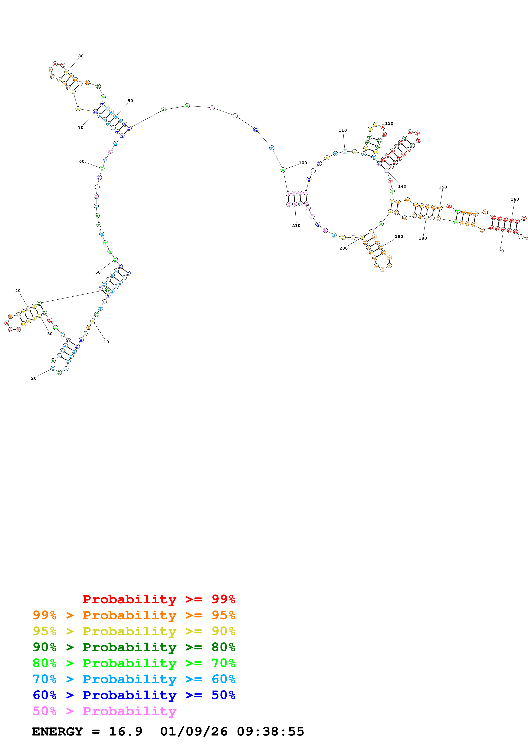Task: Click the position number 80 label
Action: click(x=81, y=56)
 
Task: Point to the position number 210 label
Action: click(x=296, y=226)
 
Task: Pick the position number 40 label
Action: click(x=18, y=290)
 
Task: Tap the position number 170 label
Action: click(x=499, y=251)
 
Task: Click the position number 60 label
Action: click(x=82, y=161)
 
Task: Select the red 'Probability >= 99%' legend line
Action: click(x=159, y=599)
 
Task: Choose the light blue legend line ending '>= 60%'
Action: click(x=134, y=679)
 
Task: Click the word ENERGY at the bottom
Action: click(x=57, y=731)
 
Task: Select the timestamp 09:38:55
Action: click(x=270, y=731)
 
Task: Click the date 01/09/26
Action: click(x=194, y=731)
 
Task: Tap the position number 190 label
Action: click(x=399, y=237)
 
